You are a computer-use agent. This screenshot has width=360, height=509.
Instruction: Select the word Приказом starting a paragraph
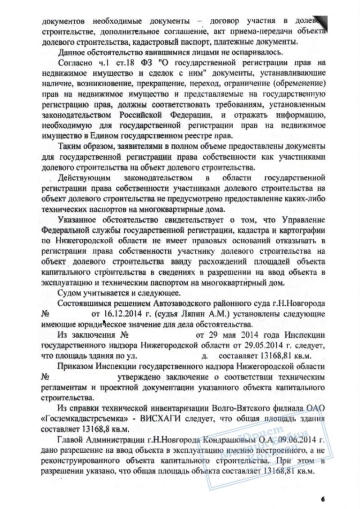(77, 366)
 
